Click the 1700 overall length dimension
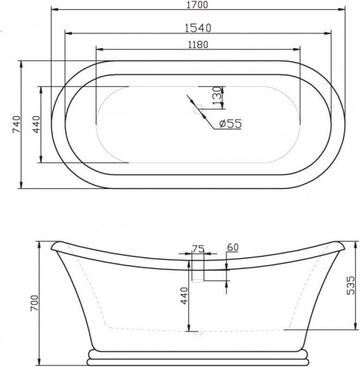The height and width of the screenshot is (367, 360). point(197,6)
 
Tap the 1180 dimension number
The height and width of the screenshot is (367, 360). point(197,44)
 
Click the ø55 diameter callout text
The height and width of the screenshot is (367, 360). point(229,124)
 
